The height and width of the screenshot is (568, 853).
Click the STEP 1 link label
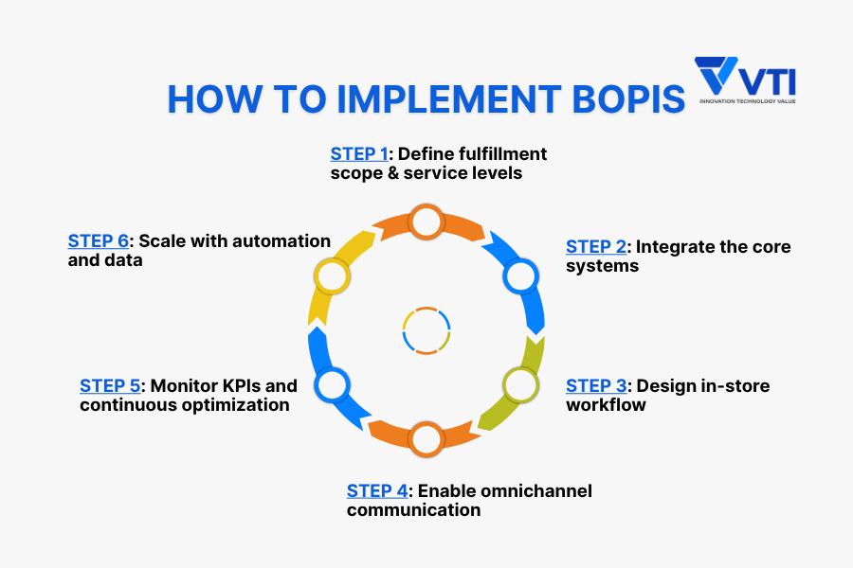click(x=359, y=154)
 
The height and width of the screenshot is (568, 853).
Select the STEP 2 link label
click(x=596, y=247)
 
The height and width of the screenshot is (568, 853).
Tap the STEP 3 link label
click(x=596, y=386)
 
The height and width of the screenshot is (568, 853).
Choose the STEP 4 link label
click(x=377, y=490)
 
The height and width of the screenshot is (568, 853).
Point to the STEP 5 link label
click(x=110, y=386)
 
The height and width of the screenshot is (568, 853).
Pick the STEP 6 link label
click(x=99, y=240)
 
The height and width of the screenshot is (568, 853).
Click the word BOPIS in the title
click(x=628, y=98)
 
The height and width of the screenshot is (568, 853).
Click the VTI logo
click(x=745, y=80)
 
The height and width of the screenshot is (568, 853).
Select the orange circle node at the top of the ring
click(x=426, y=222)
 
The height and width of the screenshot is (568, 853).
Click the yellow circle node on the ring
click(x=332, y=276)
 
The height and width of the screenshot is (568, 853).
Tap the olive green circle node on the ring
click(x=520, y=385)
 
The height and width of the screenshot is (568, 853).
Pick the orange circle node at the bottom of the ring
click(x=426, y=439)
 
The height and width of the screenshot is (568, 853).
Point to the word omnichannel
click(x=505, y=490)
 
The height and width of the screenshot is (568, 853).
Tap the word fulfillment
click(x=502, y=154)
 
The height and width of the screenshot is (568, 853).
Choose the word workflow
click(x=606, y=405)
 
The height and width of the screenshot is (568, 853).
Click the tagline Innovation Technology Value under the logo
click(x=748, y=101)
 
